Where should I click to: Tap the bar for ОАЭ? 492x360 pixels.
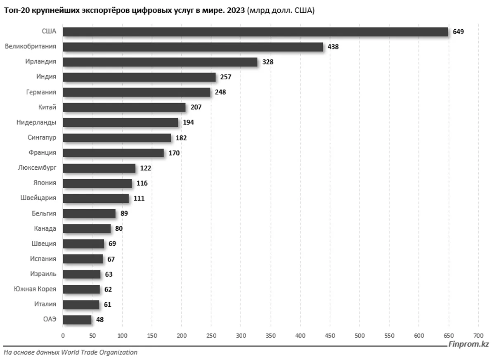click(77, 320)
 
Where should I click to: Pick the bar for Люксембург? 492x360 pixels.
click(99, 168)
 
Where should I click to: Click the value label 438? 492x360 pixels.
click(333, 47)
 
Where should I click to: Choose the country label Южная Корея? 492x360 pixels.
click(35, 289)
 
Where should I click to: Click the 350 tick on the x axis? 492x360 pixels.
click(270, 336)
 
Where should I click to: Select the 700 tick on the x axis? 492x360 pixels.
click(478, 336)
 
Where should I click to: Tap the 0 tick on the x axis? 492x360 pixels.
click(63, 336)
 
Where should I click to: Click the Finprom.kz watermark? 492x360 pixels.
click(468, 344)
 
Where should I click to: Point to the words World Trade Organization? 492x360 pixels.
click(99, 352)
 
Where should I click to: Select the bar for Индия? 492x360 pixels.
click(140, 77)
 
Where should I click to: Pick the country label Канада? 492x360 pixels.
click(45, 229)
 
